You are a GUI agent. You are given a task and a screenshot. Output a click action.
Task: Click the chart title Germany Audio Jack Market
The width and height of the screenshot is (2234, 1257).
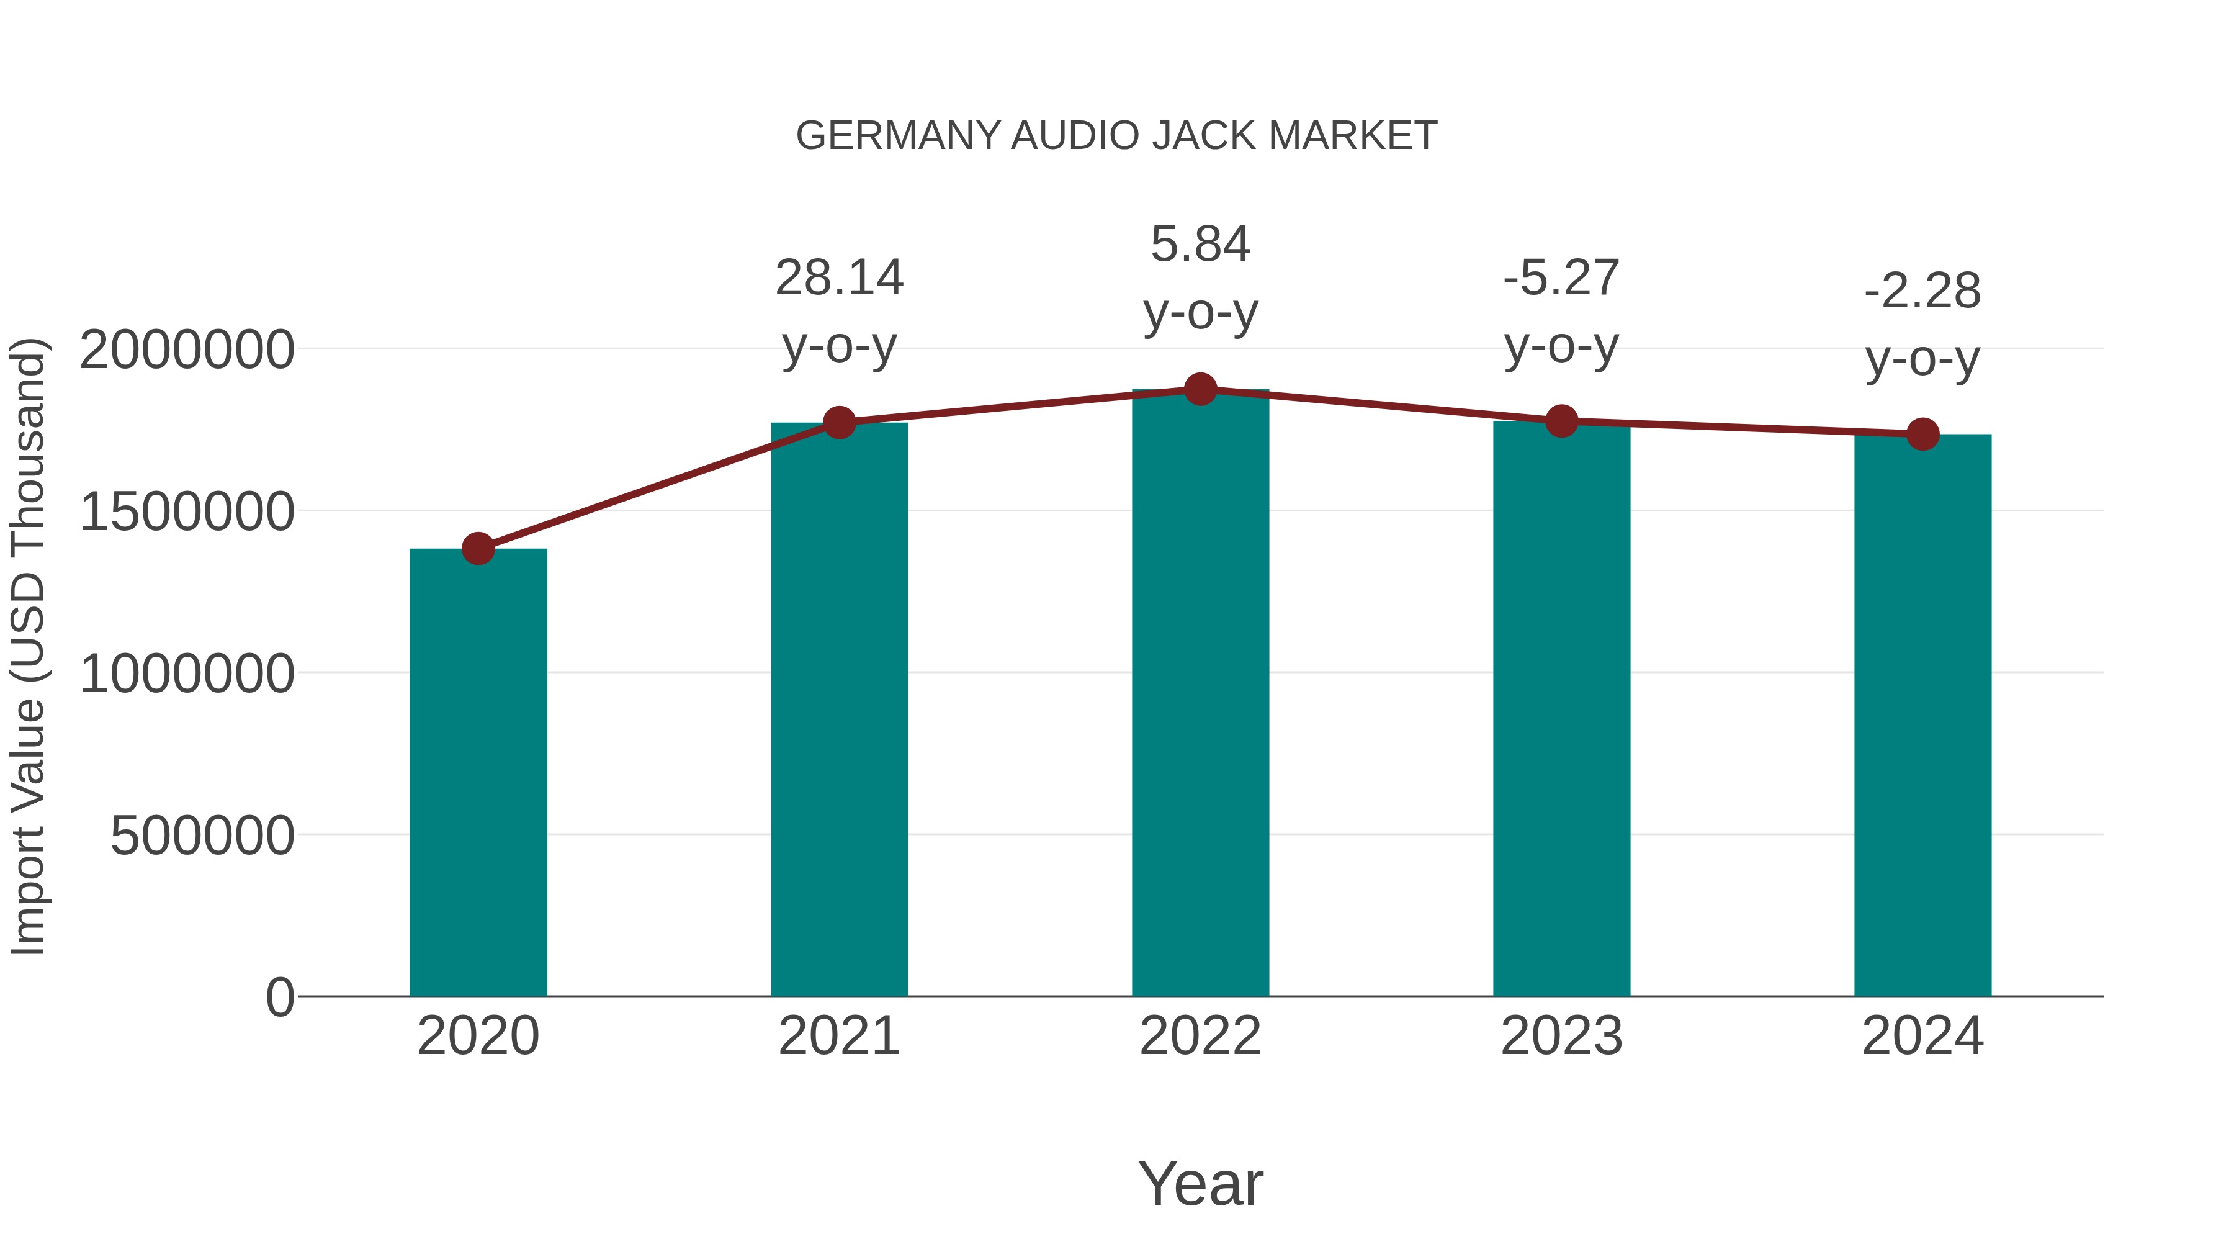point(1116,136)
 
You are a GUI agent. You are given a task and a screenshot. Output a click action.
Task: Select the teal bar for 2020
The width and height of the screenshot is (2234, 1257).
point(478,772)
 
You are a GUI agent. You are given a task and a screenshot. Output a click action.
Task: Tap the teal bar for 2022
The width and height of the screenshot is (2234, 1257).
point(1200,694)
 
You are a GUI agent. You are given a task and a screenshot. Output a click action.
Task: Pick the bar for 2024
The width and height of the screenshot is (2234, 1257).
point(1922,716)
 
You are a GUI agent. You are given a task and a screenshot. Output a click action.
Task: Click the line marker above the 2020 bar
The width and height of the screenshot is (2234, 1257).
point(478,548)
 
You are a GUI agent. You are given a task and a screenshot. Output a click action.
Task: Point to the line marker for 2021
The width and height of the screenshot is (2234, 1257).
point(840,423)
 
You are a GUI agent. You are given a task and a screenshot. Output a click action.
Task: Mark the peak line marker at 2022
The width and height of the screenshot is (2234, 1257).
point(1200,389)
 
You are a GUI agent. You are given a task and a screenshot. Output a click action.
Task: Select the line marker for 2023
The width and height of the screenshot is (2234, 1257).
point(1562,421)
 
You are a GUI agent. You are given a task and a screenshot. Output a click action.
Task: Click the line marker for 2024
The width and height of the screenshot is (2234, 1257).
point(1922,434)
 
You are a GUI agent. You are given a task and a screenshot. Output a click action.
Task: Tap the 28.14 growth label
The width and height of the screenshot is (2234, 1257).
point(840,279)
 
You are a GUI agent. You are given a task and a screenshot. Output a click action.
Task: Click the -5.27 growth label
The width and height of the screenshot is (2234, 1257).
point(1562,279)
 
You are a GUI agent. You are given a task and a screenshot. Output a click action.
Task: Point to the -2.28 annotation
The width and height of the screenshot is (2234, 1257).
point(1922,292)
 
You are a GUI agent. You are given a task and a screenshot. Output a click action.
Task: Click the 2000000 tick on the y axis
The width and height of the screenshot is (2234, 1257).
point(186,351)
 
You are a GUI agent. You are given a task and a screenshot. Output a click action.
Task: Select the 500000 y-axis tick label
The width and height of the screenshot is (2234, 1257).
point(202,836)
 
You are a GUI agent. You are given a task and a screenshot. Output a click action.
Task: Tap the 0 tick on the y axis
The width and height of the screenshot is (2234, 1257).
point(279,998)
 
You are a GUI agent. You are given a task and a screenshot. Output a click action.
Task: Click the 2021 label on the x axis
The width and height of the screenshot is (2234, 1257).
point(840,1036)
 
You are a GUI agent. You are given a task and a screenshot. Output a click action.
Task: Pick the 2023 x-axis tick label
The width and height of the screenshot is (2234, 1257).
point(1562,1036)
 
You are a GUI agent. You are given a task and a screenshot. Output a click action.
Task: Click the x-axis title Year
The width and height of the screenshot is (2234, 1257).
point(1200,1184)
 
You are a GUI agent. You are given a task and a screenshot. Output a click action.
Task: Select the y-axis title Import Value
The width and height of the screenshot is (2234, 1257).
point(28,647)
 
